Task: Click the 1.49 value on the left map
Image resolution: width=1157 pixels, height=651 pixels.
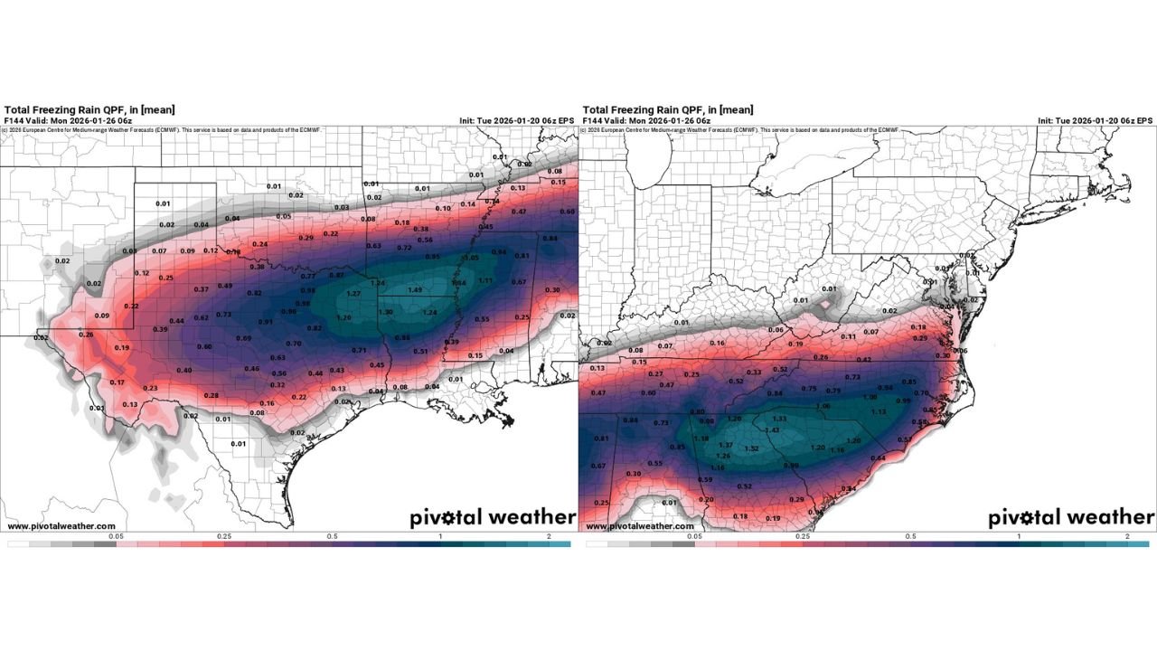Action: [x=415, y=289]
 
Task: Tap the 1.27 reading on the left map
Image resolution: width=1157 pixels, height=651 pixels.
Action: [x=353, y=294]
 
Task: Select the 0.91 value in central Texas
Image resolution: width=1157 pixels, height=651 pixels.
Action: [x=266, y=322]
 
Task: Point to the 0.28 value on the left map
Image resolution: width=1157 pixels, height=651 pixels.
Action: [x=212, y=395]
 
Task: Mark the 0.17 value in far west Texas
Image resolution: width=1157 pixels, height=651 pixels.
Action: [x=117, y=382]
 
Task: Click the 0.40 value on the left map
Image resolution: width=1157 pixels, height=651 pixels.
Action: [x=184, y=371]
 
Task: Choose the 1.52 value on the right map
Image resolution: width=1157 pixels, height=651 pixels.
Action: [x=751, y=448]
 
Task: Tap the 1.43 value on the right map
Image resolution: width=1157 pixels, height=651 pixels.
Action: [x=772, y=429]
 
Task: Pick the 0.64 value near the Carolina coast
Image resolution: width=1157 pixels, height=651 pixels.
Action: [x=877, y=458]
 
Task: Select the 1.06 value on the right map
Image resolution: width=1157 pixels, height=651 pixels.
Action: [x=823, y=406]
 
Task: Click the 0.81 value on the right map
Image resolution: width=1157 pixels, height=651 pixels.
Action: [x=602, y=439]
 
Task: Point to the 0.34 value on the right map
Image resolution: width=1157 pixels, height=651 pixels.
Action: [x=848, y=489]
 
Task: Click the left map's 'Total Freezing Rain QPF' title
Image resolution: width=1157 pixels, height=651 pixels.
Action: [x=76, y=108]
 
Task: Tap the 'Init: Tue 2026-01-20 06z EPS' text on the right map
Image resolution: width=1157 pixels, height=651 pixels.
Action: [x=1095, y=120]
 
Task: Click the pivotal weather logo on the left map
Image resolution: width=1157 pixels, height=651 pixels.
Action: [x=492, y=517]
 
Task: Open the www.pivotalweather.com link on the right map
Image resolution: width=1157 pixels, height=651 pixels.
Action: [x=640, y=526]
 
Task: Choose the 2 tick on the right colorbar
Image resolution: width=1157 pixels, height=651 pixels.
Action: [x=1126, y=536]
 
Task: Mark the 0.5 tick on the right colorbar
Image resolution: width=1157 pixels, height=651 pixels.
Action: [x=911, y=536]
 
